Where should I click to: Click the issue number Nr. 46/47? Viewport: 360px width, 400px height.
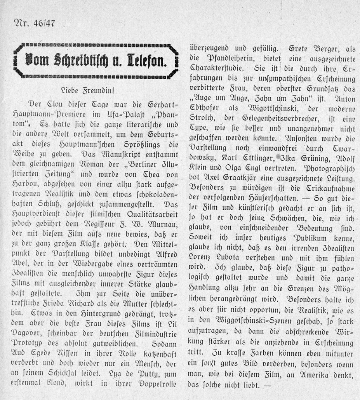34,23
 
